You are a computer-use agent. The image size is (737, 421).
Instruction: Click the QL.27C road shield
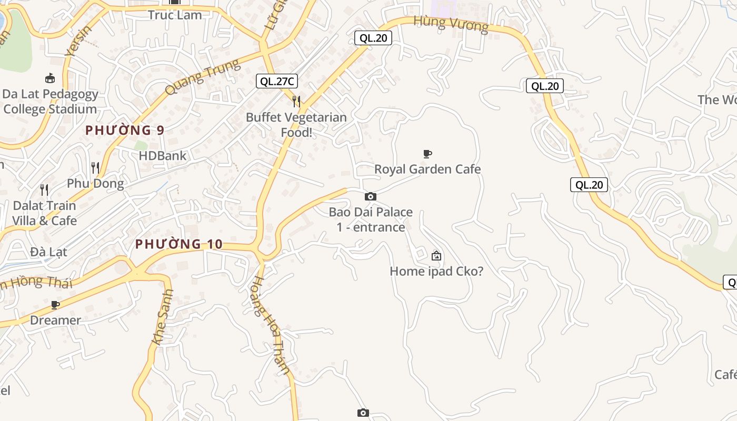tap(277, 81)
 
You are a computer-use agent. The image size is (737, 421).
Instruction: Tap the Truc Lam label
tap(175, 15)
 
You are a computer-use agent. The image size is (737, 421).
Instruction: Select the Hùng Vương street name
tap(451, 24)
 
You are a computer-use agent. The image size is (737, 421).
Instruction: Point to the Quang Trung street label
tap(202, 77)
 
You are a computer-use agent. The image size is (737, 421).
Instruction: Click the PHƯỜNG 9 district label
tap(125, 130)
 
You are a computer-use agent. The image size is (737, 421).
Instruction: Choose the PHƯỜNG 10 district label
tap(179, 244)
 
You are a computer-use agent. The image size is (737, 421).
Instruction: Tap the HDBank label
tap(163, 156)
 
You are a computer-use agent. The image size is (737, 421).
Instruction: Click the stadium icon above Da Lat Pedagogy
tap(50, 78)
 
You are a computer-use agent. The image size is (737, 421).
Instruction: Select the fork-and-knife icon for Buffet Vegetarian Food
tap(296, 101)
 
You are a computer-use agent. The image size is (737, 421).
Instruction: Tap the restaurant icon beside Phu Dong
tap(95, 168)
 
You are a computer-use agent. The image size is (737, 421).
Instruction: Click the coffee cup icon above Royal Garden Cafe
tap(427, 154)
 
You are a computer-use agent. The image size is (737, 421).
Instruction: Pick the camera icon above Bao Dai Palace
tap(371, 196)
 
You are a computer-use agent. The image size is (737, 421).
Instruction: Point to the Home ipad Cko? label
tap(436, 272)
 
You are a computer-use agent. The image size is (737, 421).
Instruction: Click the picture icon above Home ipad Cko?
tap(436, 256)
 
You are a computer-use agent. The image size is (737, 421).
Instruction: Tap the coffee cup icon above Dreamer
tap(55, 305)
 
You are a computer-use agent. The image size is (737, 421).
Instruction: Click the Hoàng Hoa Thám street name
tap(271, 326)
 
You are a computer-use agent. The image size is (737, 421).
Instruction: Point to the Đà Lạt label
tap(48, 252)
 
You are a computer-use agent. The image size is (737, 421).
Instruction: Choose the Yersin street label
tap(78, 41)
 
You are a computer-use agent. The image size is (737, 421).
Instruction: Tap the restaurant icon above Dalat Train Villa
tap(44, 189)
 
